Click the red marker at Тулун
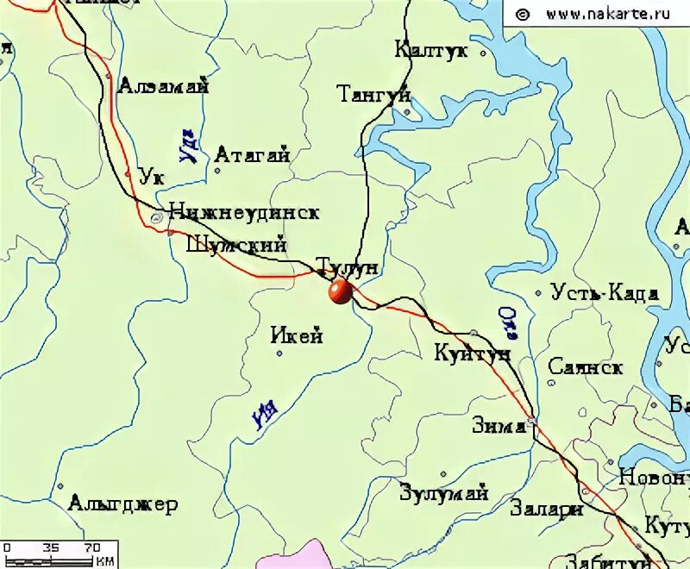point(340,291)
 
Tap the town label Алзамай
point(163,85)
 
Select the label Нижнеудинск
point(245,211)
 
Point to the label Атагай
point(251,155)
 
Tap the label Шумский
point(235,245)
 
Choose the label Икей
point(297,336)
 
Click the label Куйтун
point(472,353)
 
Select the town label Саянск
point(586,367)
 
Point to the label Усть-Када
point(605,293)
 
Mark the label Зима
point(499,426)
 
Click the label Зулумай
point(444,494)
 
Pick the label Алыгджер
point(123,504)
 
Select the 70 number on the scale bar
point(92,547)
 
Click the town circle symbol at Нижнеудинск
point(156,218)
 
